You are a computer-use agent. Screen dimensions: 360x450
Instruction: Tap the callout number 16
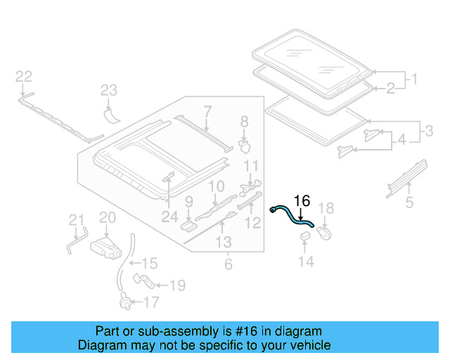pyautogui.click(x=301, y=200)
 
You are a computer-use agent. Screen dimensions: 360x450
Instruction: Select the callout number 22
pyautogui.click(x=24, y=76)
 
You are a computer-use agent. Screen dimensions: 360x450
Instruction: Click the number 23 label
pyautogui.click(x=108, y=90)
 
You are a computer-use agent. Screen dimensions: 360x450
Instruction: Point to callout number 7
pyautogui.click(x=207, y=110)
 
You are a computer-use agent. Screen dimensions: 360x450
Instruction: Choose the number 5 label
pyautogui.click(x=409, y=204)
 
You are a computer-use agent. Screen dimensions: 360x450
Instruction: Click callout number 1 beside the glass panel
pyautogui.click(x=414, y=79)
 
